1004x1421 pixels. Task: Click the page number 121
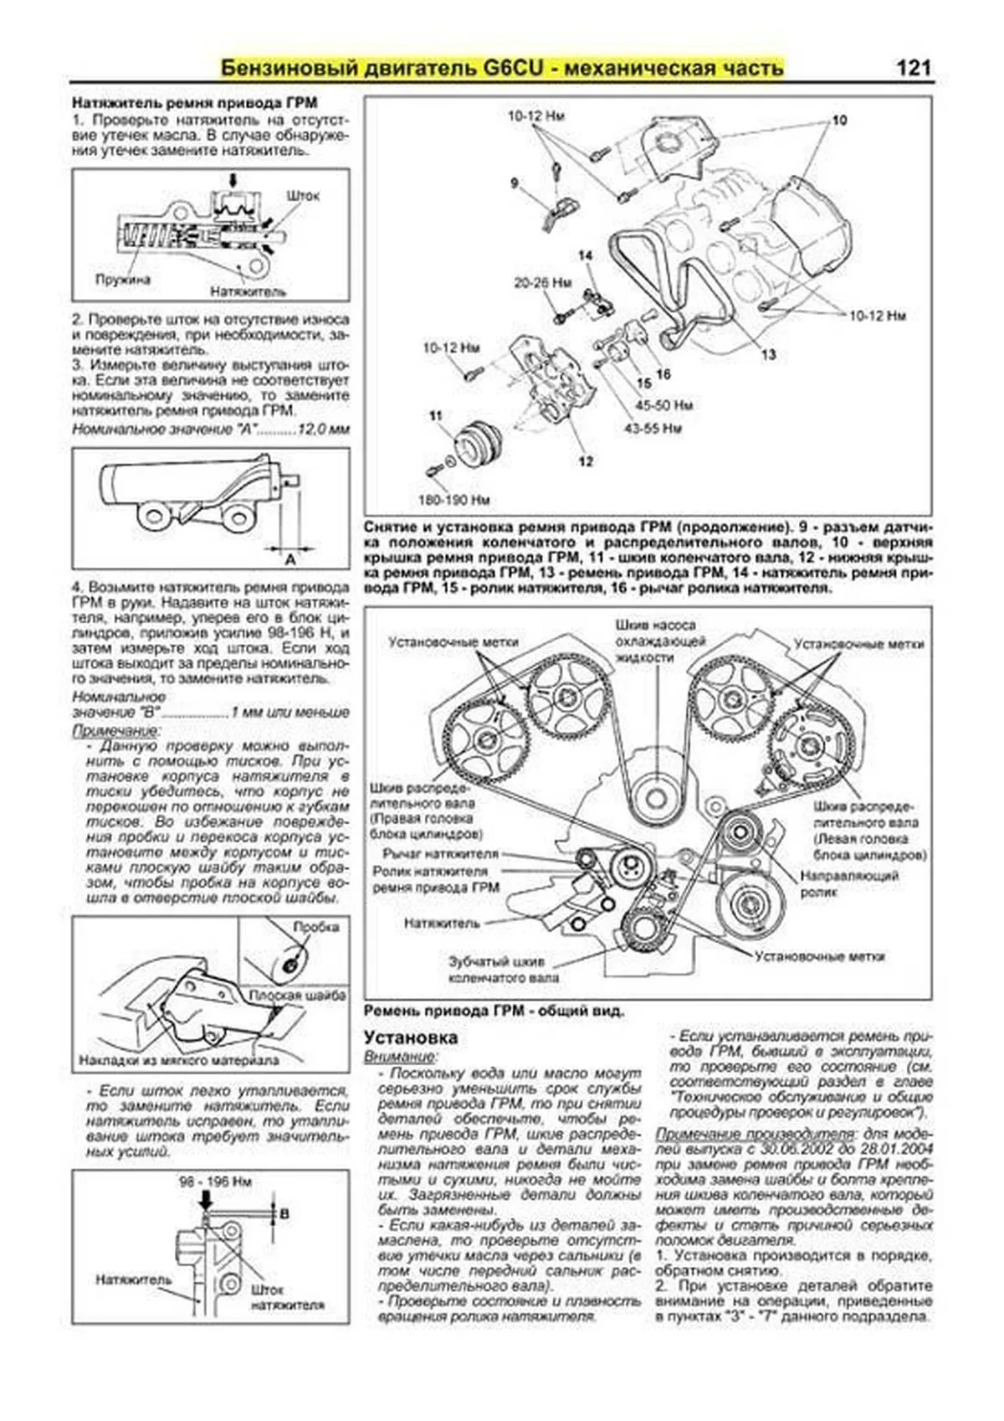(913, 68)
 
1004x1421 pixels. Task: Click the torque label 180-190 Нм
(454, 500)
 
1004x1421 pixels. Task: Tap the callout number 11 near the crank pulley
(435, 415)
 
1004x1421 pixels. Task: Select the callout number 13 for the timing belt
(768, 354)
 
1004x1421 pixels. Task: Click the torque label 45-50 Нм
(663, 405)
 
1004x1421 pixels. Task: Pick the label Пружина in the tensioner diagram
(122, 280)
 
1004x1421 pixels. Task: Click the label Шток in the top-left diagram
(302, 195)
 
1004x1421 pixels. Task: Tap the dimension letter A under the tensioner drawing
(290, 558)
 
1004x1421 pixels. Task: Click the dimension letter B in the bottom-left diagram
(284, 1212)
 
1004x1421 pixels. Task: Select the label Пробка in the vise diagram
(315, 927)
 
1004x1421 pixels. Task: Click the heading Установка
(410, 1037)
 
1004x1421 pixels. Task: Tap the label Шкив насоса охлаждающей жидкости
(655, 641)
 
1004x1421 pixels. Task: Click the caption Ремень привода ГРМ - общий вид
(494, 1011)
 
